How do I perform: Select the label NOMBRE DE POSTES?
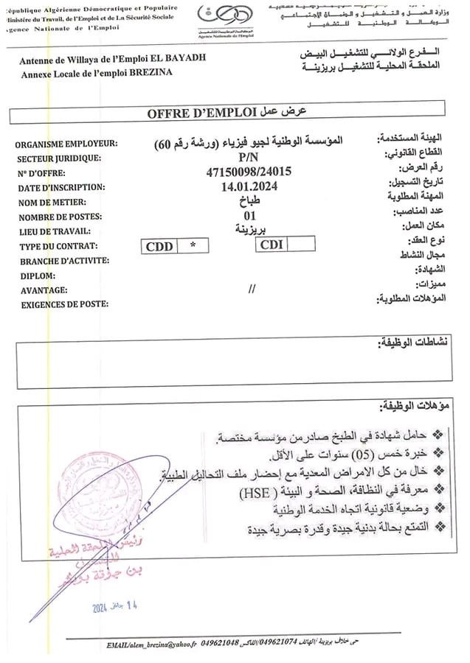(x=61, y=217)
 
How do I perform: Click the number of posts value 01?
(x=249, y=217)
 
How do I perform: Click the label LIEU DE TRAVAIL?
(x=57, y=231)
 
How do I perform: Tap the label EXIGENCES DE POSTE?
(x=65, y=304)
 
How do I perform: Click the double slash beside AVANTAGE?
(x=252, y=289)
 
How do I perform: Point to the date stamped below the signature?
(x=115, y=606)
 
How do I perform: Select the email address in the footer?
(x=151, y=645)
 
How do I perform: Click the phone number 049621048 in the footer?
(x=220, y=645)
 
